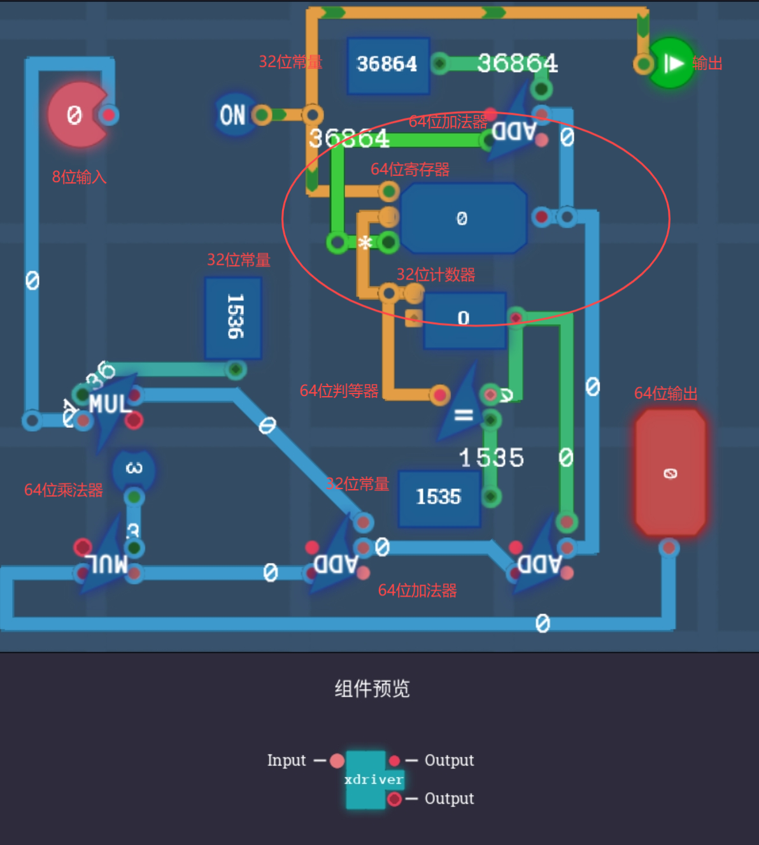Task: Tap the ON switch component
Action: pyautogui.click(x=233, y=115)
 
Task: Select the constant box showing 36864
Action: pyautogui.click(x=387, y=64)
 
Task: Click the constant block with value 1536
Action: pyautogui.click(x=234, y=316)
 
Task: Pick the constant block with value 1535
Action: pyautogui.click(x=439, y=497)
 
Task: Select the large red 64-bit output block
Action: pyautogui.click(x=670, y=472)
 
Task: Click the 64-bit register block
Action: pyautogui.click(x=463, y=218)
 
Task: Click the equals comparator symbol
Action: pyautogui.click(x=464, y=415)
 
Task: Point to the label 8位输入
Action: pyautogui.click(x=79, y=177)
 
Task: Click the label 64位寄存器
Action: pyautogui.click(x=410, y=169)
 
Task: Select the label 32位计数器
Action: pyautogui.click(x=436, y=275)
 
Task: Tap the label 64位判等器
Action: pyautogui.click(x=339, y=391)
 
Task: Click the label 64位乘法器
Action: pyautogui.click(x=63, y=490)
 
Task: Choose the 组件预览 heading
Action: pyautogui.click(x=372, y=688)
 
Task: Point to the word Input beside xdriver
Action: pyautogui.click(x=287, y=760)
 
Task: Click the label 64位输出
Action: pyautogui.click(x=665, y=394)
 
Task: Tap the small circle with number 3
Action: pyautogui.click(x=134, y=469)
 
